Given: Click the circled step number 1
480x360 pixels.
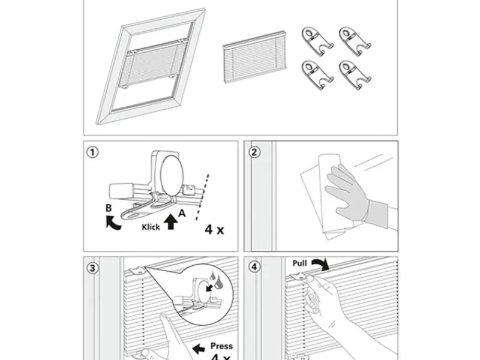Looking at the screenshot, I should pyautogui.click(x=92, y=152).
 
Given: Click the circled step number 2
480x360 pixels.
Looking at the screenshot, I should pyautogui.click(x=254, y=152).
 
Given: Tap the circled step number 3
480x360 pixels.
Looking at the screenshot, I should pyautogui.click(x=92, y=268).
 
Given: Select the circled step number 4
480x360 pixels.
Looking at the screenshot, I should pyautogui.click(x=254, y=268).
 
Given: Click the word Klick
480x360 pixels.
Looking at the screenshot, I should pyautogui.click(x=151, y=227).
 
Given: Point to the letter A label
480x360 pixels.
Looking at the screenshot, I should pyautogui.click(x=181, y=212).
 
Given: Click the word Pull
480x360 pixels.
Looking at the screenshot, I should pyautogui.click(x=301, y=263).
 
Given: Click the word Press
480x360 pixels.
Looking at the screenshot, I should pyautogui.click(x=221, y=346).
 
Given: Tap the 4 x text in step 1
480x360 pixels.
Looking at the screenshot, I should pyautogui.click(x=214, y=229).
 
